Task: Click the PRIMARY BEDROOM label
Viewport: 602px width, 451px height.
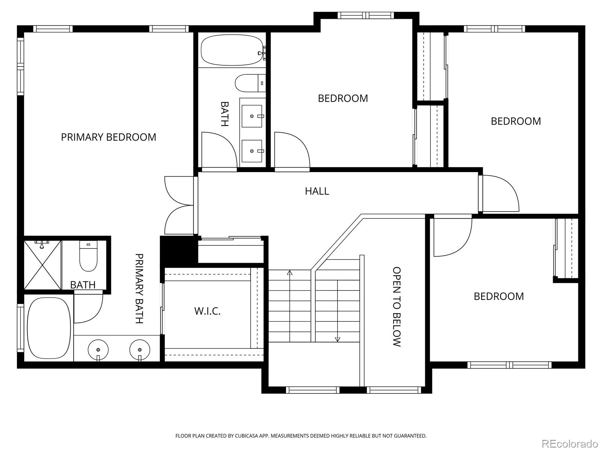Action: tap(108, 137)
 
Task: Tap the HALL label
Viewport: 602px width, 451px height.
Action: tap(317, 191)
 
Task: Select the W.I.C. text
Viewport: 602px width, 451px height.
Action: tap(207, 311)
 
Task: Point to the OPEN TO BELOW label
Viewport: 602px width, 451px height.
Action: tap(397, 307)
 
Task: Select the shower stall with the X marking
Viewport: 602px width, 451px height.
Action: tap(43, 265)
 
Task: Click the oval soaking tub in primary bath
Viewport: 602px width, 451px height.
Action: tap(49, 328)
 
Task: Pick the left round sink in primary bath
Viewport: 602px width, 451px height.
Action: tap(98, 350)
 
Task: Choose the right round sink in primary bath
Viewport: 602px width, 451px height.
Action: tap(140, 350)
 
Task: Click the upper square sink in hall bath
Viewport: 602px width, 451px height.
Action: tap(252, 117)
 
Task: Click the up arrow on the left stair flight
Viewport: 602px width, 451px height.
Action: tap(289, 273)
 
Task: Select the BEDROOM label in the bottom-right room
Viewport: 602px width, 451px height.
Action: tap(499, 297)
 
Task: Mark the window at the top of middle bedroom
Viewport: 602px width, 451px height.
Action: tap(365, 15)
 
